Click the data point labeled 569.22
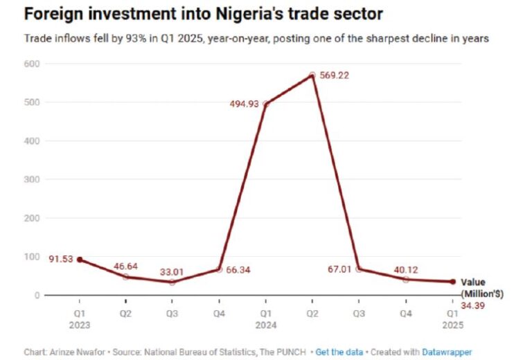pyautogui.click(x=312, y=75)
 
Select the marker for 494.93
pyautogui.click(x=265, y=104)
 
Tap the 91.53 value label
pyautogui.click(x=60, y=260)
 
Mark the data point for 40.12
pyautogui.click(x=405, y=279)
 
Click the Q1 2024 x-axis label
pyautogui.click(x=265, y=317)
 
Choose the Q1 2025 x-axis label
pyautogui.click(x=452, y=317)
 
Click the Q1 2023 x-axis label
pyautogui.click(x=79, y=317)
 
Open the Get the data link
pyautogui.click(x=339, y=352)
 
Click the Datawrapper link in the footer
pyautogui.click(x=447, y=352)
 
